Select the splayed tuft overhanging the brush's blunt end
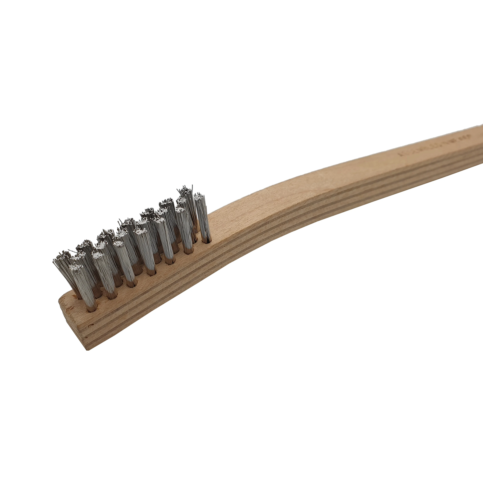point(62,265)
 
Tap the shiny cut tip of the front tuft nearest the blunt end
point(76,268)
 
